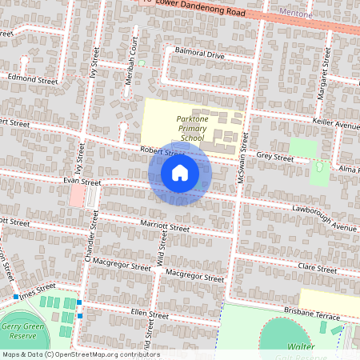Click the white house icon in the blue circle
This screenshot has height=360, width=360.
[x=179, y=173]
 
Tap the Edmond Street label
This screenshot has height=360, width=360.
[x=33, y=80]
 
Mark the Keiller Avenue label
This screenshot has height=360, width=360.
[x=336, y=126]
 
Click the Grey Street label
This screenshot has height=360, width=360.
[x=275, y=157]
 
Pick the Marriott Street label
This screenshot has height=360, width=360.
[x=164, y=228]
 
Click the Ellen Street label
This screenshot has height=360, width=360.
[x=150, y=315]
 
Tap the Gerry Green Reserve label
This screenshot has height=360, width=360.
[x=21, y=331]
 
